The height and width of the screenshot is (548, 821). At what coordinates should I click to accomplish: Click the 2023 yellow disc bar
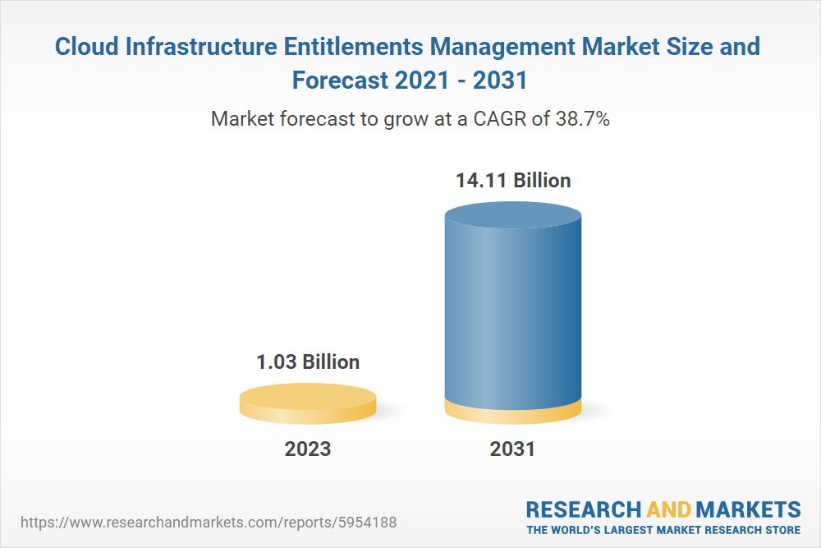tap(308, 403)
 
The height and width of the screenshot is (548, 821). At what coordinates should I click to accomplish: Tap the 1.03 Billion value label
tap(309, 361)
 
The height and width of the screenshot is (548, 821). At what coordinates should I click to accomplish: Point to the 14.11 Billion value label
tap(513, 180)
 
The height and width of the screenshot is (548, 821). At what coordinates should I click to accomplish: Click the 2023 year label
tap(308, 449)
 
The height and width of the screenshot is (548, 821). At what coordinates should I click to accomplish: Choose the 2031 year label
tap(512, 449)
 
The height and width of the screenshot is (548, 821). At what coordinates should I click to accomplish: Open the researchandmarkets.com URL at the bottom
tap(209, 523)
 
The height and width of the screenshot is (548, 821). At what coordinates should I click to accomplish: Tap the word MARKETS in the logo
tap(748, 509)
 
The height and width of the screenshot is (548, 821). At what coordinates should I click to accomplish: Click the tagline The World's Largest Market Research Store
tap(663, 529)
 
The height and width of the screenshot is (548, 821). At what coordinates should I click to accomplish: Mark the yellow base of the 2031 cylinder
tap(513, 412)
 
